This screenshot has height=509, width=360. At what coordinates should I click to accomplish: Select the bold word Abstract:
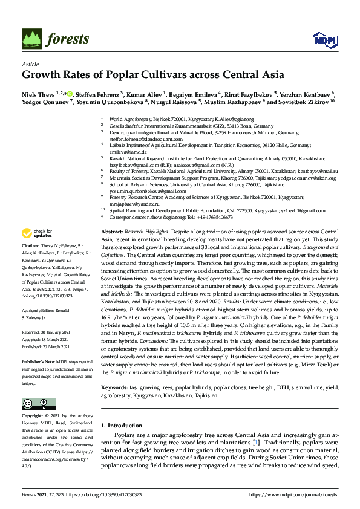pos(112,232)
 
